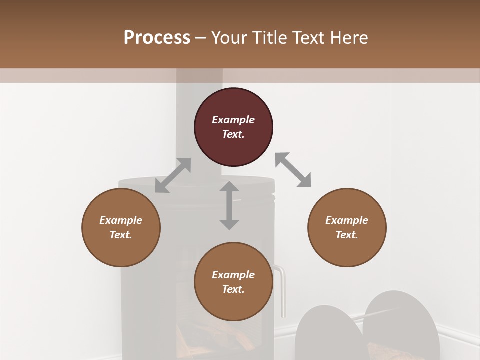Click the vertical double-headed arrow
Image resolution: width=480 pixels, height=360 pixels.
[229, 205]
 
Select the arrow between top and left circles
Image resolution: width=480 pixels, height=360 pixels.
[173, 175]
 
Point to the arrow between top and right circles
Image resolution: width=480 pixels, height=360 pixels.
[293, 170]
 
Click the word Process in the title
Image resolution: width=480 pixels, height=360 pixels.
[157, 37]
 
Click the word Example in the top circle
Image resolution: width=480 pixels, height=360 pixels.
[233, 120]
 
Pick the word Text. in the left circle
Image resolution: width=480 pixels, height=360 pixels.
[121, 235]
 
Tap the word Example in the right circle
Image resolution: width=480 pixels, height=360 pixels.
[347, 220]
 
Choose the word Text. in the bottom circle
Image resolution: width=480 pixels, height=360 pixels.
[233, 289]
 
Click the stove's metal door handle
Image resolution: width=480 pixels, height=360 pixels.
[282, 290]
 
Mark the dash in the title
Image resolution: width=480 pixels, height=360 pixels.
[201, 38]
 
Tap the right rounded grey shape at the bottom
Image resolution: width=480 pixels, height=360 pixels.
[401, 325]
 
